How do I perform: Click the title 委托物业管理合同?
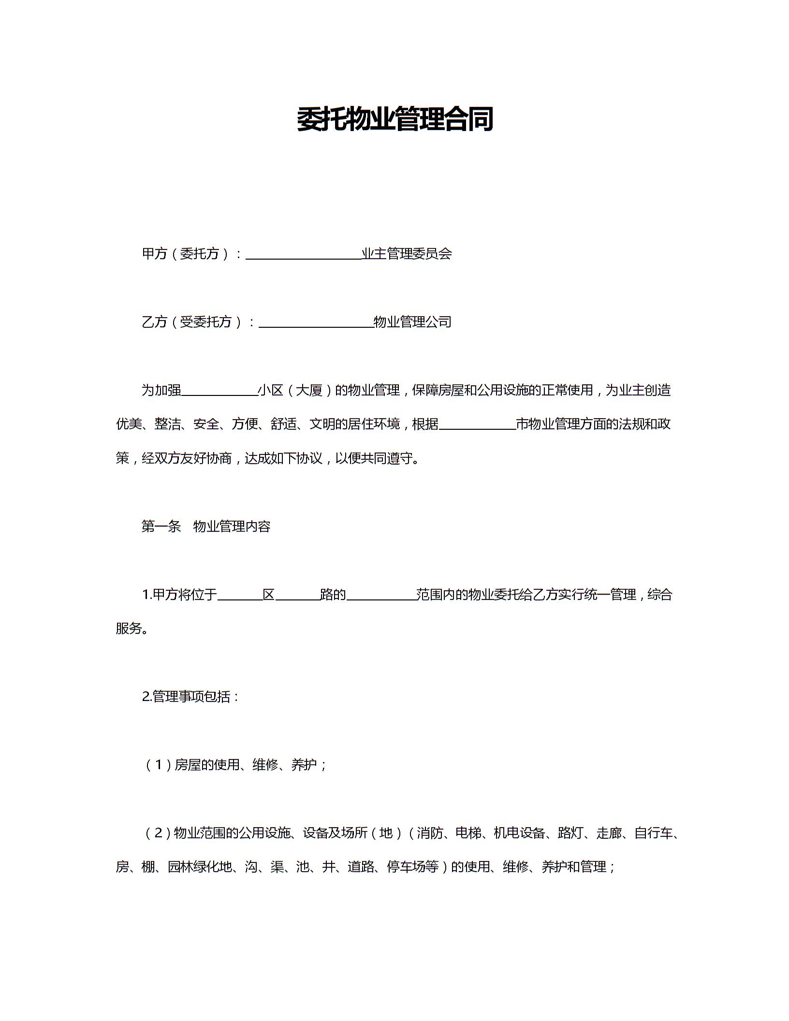point(394,119)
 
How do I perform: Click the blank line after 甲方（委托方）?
point(304,255)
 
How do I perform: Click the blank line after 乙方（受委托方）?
point(316,323)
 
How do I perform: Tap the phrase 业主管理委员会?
point(407,253)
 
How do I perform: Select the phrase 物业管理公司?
point(412,321)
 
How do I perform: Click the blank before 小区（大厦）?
point(219,392)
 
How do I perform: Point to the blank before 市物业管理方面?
point(478,425)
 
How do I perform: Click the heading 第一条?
point(161,526)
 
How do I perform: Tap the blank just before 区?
point(240,596)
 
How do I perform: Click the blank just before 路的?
point(297,596)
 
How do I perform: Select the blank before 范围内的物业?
point(381,596)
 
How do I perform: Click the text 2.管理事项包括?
point(190,697)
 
